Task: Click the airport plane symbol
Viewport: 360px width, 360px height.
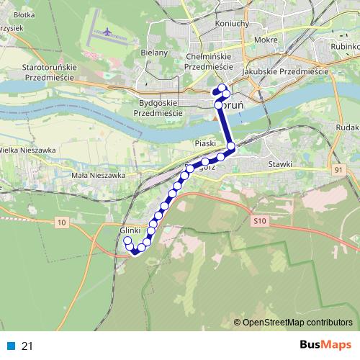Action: (108, 32)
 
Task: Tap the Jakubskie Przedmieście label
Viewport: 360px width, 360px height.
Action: (297, 71)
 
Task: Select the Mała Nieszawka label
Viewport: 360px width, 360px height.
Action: (99, 175)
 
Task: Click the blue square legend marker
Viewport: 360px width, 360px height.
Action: (10, 346)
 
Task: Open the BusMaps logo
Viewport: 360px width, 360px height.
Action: (327, 345)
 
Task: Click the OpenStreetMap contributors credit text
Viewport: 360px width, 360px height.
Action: (297, 322)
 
